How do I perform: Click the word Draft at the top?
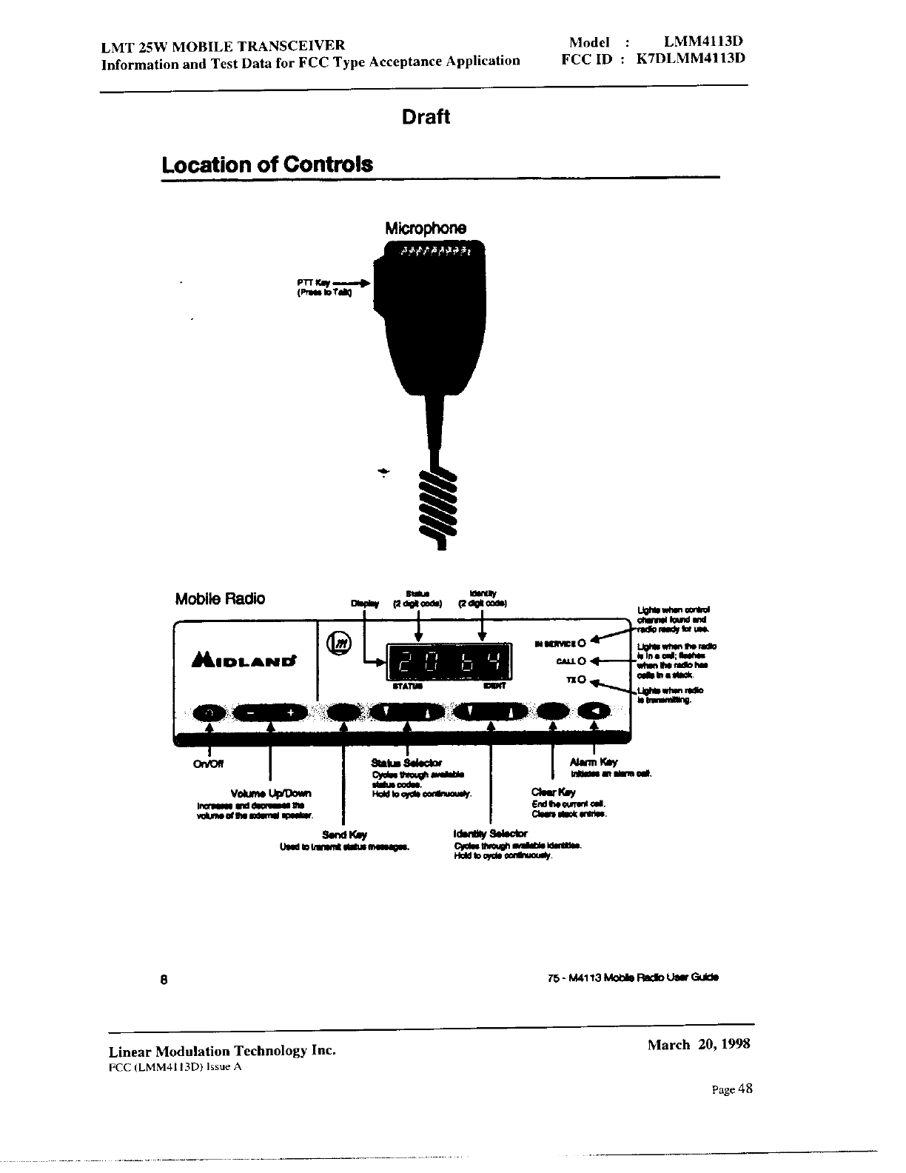[426, 117]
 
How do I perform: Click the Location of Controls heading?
[267, 164]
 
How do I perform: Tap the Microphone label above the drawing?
[426, 228]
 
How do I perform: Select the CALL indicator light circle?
[581, 661]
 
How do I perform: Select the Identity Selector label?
[490, 834]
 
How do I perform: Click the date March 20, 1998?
[699, 1044]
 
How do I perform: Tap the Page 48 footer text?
[732, 1089]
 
